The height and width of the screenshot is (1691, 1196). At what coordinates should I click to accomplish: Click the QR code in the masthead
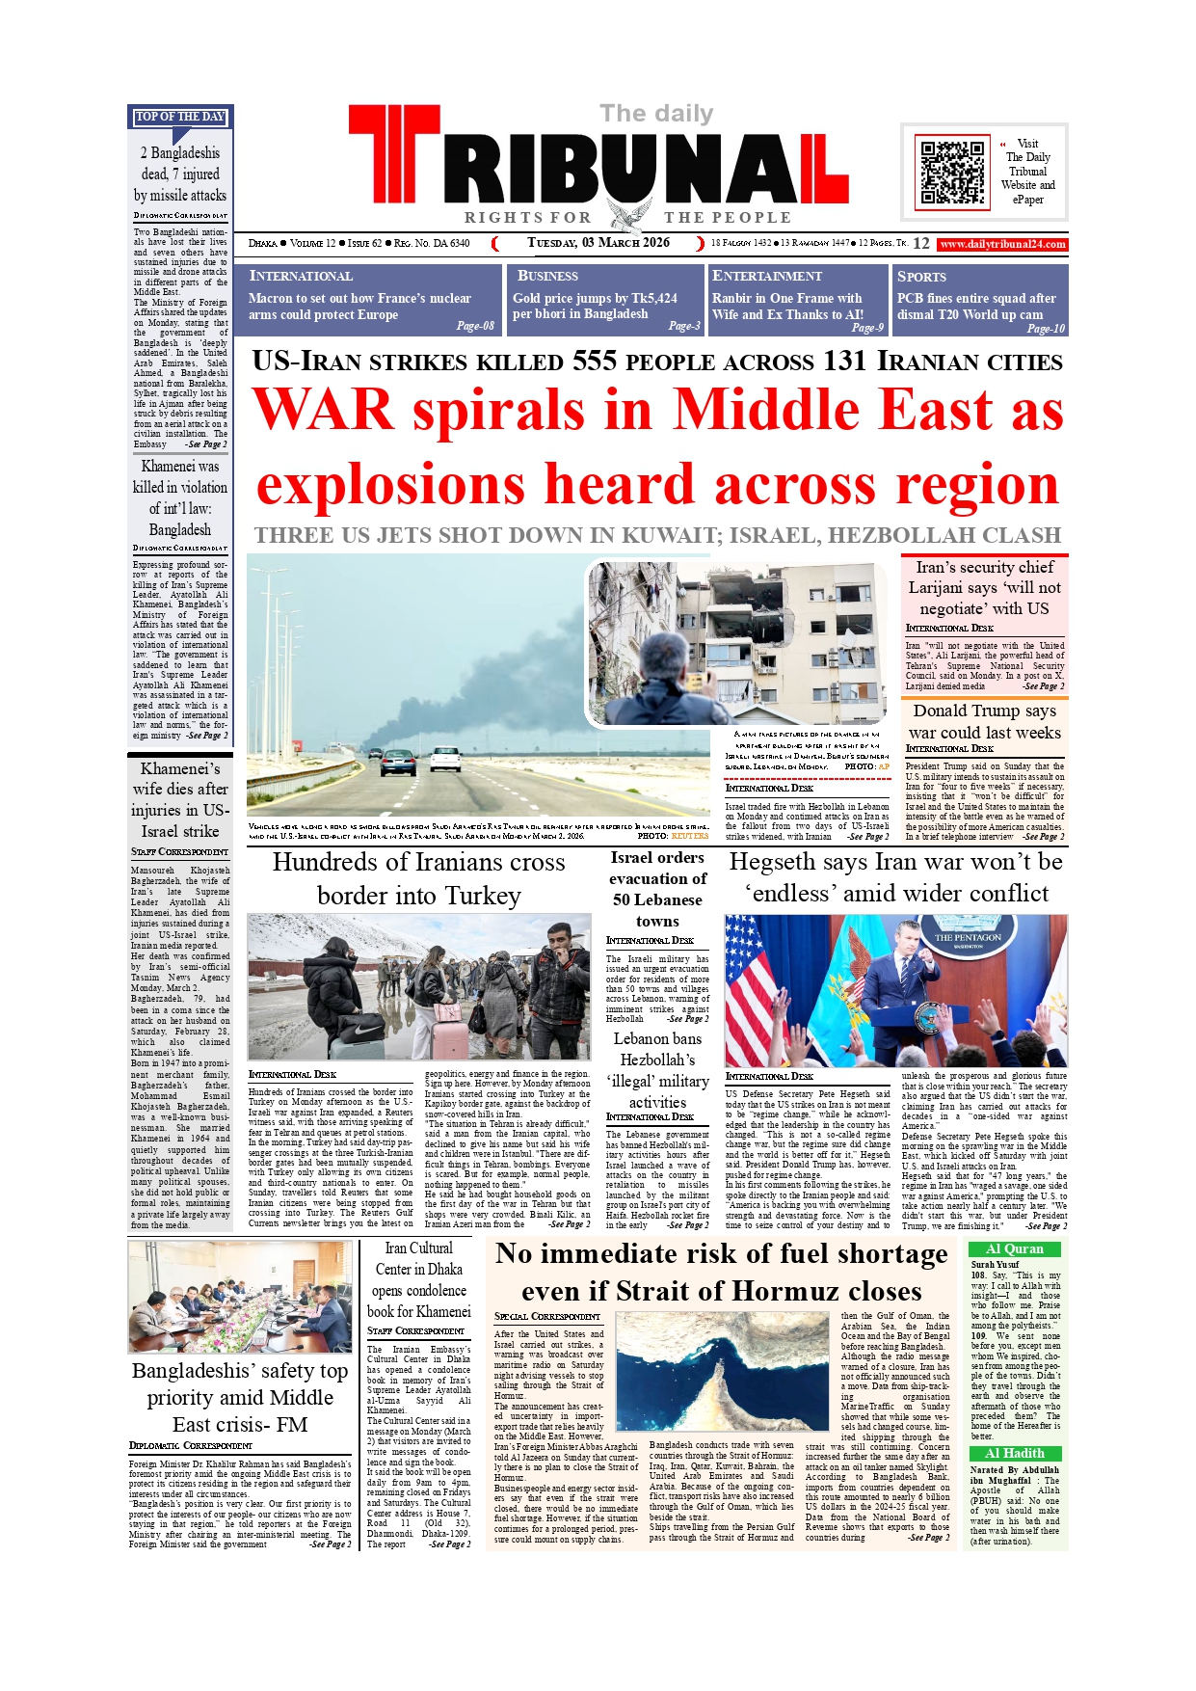pyautogui.click(x=952, y=173)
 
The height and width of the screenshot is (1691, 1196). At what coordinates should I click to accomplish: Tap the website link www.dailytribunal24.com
pyautogui.click(x=1002, y=244)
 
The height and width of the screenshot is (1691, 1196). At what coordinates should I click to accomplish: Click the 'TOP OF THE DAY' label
pyautogui.click(x=180, y=117)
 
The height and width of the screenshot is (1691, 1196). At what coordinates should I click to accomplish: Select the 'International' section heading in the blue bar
pyautogui.click(x=301, y=276)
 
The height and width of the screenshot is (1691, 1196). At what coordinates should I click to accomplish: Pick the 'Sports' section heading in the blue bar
pyautogui.click(x=921, y=276)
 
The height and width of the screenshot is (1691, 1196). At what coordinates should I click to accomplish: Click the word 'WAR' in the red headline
pyautogui.click(x=323, y=410)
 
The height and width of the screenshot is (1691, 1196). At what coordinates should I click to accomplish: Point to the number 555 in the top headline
pyautogui.click(x=595, y=362)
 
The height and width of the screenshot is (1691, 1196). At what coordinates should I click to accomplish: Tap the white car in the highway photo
pyautogui.click(x=445, y=759)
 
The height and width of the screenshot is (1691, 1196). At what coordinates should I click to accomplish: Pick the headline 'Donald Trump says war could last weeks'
pyautogui.click(x=985, y=721)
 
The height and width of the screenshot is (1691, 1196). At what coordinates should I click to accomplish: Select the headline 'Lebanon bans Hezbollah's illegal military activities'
pyautogui.click(x=657, y=1070)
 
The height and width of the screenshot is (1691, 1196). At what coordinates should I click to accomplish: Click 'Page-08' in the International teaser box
pyautogui.click(x=475, y=326)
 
